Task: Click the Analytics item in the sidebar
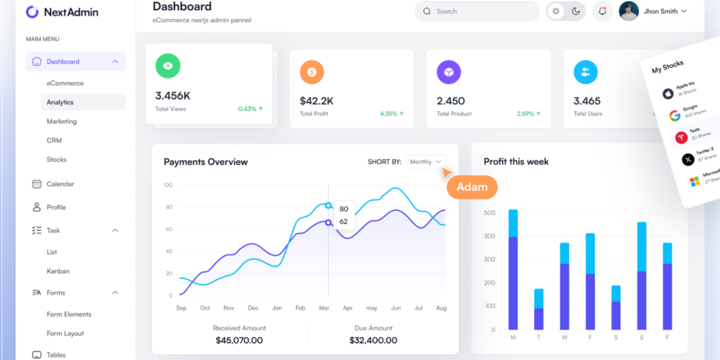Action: coord(60,103)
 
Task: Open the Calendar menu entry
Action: coord(60,184)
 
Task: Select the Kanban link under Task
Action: coord(58,271)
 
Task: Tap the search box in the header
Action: coord(476,11)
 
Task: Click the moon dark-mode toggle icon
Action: coord(576,11)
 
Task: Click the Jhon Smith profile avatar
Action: coord(629,11)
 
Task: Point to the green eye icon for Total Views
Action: coord(168,66)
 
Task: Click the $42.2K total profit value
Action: coord(317,101)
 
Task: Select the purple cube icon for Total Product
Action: coord(449,72)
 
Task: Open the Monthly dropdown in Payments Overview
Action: coord(426,161)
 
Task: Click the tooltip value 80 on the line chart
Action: coord(344,209)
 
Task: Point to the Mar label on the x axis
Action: coord(324,308)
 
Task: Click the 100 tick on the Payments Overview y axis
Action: coord(168,185)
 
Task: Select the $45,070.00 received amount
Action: coord(239,340)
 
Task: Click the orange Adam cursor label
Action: coord(472,187)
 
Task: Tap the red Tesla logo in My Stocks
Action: coord(681,137)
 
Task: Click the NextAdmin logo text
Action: coord(70,12)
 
